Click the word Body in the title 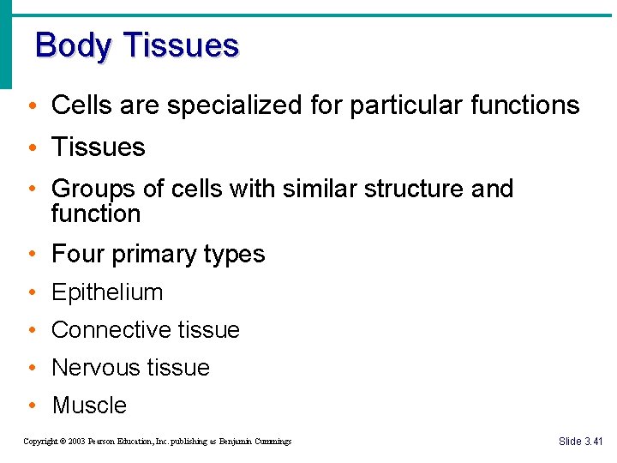(71, 45)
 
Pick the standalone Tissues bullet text (99, 147)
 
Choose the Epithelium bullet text (107, 292)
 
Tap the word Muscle (89, 406)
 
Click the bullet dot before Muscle (31, 406)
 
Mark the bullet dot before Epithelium (31, 293)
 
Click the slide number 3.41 (593, 442)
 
